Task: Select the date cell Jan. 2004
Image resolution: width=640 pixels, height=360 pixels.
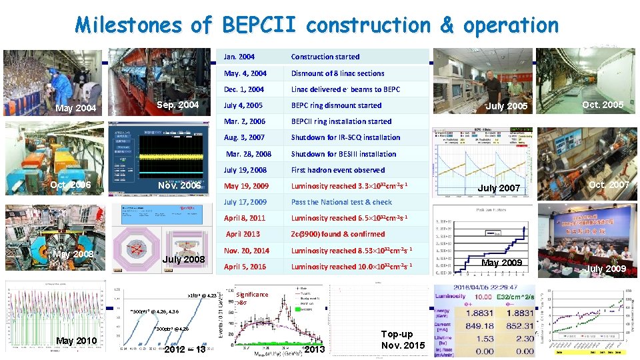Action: coord(239,57)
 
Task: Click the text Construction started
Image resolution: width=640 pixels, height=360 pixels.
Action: coord(325,57)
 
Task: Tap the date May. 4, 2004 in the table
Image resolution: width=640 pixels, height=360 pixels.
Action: coord(245,73)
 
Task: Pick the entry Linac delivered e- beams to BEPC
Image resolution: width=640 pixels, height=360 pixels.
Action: coord(345,89)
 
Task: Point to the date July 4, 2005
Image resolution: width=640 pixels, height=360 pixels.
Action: coord(243,105)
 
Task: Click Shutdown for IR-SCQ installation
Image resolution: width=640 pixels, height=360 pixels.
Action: coord(345,137)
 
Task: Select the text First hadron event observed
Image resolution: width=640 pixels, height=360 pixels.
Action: coord(337,170)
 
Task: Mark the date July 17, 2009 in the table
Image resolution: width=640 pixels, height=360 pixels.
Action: coord(245,202)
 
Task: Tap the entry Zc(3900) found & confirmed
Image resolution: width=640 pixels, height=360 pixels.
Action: coord(337,234)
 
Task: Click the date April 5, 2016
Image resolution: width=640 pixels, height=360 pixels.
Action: coord(245,267)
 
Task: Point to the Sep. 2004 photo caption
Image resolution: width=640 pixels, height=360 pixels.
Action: coord(177,105)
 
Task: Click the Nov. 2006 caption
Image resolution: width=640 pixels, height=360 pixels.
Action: coord(179,185)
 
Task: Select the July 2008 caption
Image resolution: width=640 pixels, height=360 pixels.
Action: coord(184,259)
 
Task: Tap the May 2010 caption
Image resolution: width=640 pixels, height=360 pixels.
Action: coord(77,341)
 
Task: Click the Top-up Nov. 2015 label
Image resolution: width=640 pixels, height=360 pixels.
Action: coord(403,339)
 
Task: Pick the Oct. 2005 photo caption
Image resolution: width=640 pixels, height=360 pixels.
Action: coord(603,105)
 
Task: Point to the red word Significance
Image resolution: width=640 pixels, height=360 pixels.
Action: coord(252,295)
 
